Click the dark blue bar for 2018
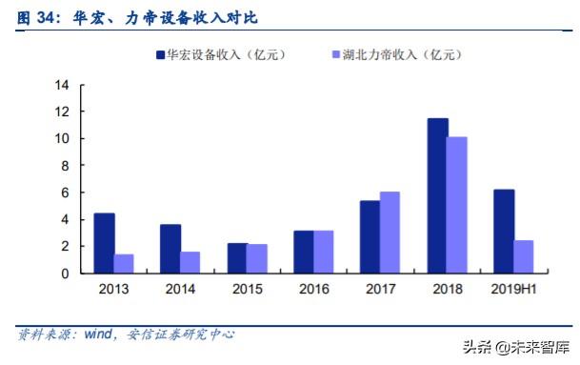(x=437, y=195)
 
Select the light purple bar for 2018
(x=457, y=205)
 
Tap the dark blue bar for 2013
(x=104, y=243)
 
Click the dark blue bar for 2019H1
(x=504, y=231)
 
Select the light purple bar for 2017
(x=390, y=233)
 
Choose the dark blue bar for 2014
(x=170, y=249)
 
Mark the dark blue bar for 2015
(x=237, y=257)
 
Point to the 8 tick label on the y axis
(x=65, y=166)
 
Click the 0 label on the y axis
(x=65, y=274)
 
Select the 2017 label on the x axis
(x=380, y=289)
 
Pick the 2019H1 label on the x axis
(x=513, y=289)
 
